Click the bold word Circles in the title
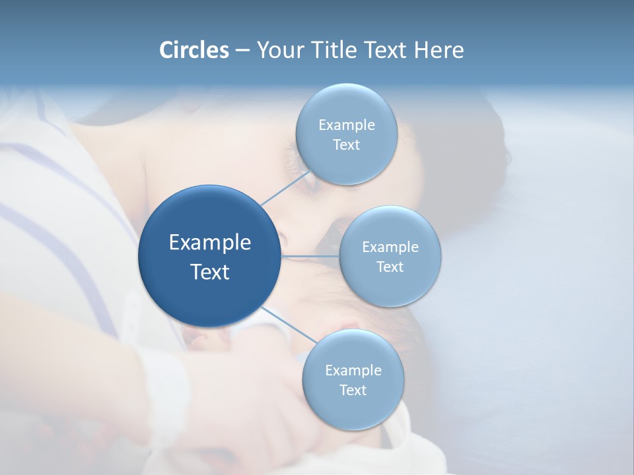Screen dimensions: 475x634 (x=194, y=50)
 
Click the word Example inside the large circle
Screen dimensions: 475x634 (x=210, y=243)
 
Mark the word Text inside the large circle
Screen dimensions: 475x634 (x=210, y=272)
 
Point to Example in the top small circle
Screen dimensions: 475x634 (x=346, y=125)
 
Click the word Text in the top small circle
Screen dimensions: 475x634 (x=346, y=145)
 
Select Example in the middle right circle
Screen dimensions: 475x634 (x=390, y=247)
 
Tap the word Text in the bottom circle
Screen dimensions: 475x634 (x=353, y=391)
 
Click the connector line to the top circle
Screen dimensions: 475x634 (x=285, y=187)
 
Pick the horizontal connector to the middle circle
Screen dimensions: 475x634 (x=310, y=256)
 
